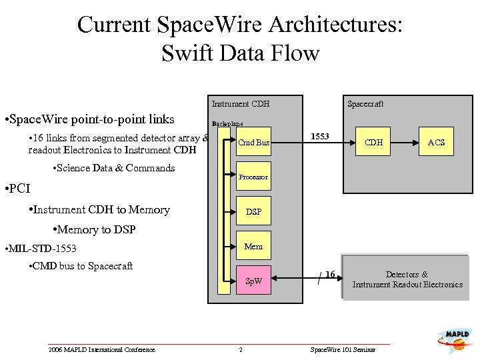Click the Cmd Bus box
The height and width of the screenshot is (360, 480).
point(253,142)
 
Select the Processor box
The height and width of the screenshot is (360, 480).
point(253,177)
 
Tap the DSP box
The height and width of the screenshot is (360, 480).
point(253,211)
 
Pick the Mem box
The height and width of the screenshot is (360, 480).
point(253,246)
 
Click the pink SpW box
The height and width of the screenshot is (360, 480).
point(253,281)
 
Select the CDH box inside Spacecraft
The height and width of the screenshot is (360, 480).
point(373,142)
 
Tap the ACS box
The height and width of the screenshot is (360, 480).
point(436,142)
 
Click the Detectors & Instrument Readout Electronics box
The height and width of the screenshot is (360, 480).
point(407,279)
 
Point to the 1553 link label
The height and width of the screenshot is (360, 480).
point(320,136)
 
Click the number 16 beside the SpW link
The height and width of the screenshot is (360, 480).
point(330,274)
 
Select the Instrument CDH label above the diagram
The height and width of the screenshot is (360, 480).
point(240,103)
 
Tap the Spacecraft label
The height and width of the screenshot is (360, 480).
point(365,103)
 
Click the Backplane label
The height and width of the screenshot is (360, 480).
point(227,123)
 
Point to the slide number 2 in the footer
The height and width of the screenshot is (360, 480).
point(241,350)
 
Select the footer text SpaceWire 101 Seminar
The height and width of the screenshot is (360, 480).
point(343,350)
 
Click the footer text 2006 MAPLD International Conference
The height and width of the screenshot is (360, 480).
point(101,350)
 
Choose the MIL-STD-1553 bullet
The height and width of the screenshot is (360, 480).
point(40,249)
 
